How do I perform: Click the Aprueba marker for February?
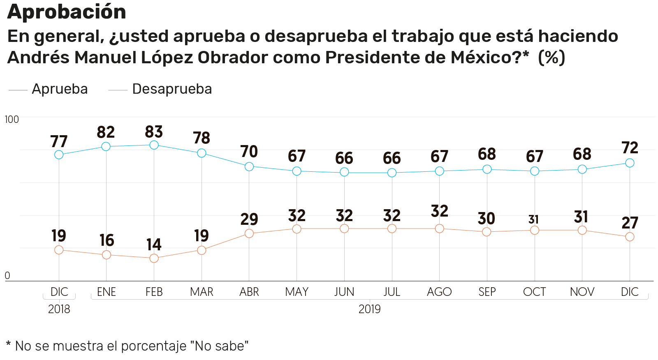tap(154, 145)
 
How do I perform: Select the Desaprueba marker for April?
tap(249, 233)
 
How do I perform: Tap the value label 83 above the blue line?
tap(154, 132)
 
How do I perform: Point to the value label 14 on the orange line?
tap(154, 245)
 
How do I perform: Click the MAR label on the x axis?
tap(202, 292)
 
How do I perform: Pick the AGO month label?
tap(439, 292)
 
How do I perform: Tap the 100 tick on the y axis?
tap(12, 120)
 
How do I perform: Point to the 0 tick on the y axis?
tap(7, 276)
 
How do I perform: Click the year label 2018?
tap(59, 309)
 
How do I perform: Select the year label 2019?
tap(369, 309)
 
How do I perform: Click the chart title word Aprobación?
tap(67, 12)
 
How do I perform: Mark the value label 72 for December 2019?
tap(630, 148)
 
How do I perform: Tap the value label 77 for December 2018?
tap(59, 142)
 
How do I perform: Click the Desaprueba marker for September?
tap(487, 232)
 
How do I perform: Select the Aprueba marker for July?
tap(392, 173)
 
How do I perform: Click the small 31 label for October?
tap(533, 220)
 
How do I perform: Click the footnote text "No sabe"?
tap(219, 346)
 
